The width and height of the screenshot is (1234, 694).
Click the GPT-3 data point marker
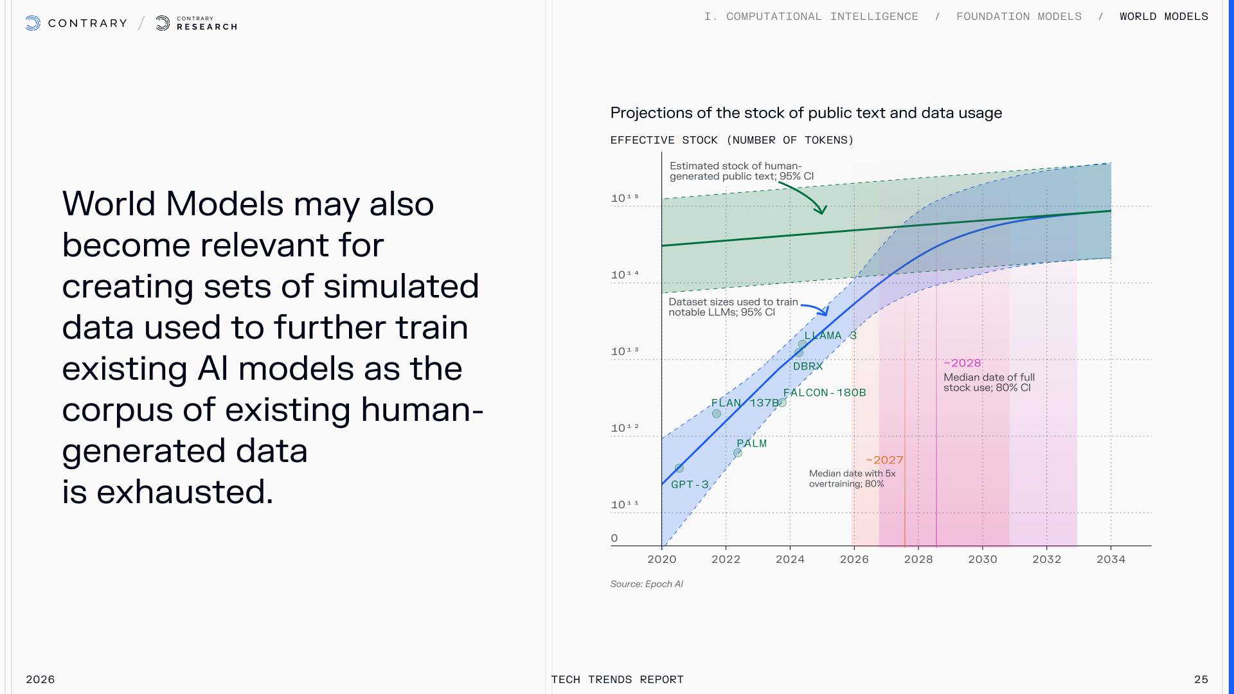coord(679,468)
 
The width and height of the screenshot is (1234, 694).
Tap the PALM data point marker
coord(738,453)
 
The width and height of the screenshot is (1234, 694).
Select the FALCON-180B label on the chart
coord(825,393)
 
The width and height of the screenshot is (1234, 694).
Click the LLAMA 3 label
coord(830,335)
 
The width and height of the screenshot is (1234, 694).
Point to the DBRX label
coord(808,366)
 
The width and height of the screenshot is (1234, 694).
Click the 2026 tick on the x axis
coord(854,559)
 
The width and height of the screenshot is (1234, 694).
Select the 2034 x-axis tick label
coord(1111,559)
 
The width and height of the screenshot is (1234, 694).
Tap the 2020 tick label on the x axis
coord(662,559)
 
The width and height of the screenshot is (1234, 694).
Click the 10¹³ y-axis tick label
coord(625,351)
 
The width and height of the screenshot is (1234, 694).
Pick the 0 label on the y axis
coord(614,538)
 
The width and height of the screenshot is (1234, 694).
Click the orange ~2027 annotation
coord(884,460)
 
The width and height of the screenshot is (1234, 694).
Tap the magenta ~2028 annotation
coord(962,363)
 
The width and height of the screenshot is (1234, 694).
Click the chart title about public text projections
coord(806,113)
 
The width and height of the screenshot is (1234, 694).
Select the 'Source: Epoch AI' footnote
coord(647,584)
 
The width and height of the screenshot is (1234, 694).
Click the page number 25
coord(1201,679)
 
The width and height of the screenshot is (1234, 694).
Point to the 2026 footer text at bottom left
coord(40,679)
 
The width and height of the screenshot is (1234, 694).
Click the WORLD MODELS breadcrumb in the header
coord(1164,17)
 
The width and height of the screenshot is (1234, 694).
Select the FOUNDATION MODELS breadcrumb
coord(1019,17)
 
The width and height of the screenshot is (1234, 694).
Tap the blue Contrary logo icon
coord(33,24)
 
